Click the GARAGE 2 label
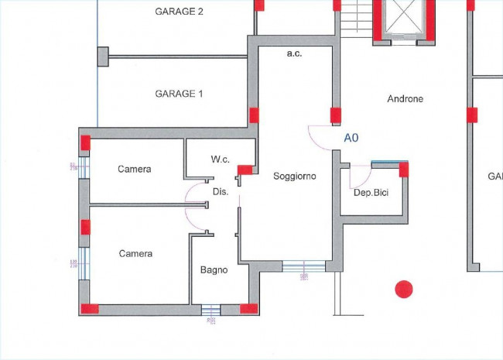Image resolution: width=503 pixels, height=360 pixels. click(179, 12)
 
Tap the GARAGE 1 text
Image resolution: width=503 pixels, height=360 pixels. click(179, 94)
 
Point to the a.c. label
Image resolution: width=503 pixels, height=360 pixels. click(294, 53)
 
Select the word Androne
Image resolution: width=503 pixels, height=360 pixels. click(405, 99)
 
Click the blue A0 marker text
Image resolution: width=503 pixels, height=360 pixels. click(351, 138)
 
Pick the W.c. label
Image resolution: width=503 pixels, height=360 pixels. click(221, 159)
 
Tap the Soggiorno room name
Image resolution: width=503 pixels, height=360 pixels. click(295, 177)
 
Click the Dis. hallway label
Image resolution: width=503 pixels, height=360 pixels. click(220, 191)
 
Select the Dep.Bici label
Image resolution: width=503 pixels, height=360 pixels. click(370, 192)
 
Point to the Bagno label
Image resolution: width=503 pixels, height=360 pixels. click(214, 270)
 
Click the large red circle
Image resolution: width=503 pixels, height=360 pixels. click(403, 290)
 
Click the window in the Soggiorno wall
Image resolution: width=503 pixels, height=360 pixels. click(303, 266)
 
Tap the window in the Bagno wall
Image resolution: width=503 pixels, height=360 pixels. click(210, 310)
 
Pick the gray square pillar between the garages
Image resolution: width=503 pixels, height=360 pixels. click(103, 56)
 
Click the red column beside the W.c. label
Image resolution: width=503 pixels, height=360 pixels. click(245, 170)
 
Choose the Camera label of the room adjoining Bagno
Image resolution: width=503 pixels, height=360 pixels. click(135, 254)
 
